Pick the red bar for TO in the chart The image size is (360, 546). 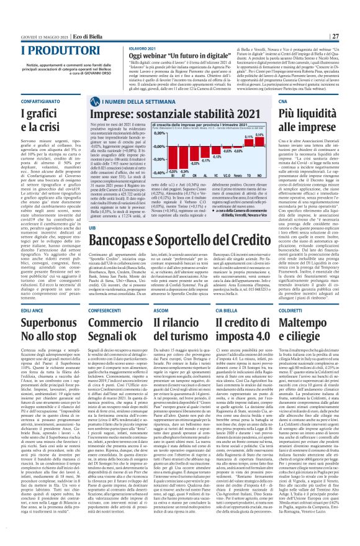click(249, 143)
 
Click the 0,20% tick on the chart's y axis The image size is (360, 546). click(159, 133)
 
